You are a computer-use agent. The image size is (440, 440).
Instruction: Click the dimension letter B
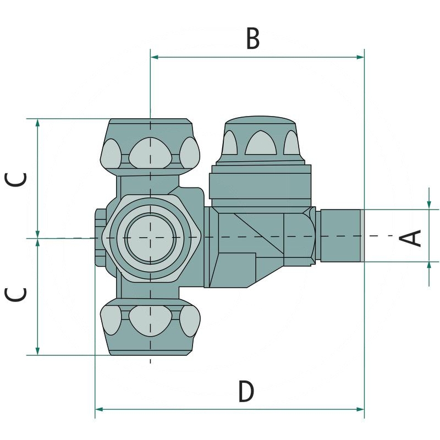253,38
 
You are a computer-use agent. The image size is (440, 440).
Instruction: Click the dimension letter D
246,391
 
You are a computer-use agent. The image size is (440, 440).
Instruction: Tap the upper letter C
16,179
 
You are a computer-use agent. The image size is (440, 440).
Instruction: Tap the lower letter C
16,295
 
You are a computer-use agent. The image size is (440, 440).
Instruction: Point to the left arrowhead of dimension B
154,57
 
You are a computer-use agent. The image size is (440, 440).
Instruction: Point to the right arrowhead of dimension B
360,57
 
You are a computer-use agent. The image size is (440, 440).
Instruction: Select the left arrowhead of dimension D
99,409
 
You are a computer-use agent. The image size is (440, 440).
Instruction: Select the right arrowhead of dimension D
360,409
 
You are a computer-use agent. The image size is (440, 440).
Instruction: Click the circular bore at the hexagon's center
150,238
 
